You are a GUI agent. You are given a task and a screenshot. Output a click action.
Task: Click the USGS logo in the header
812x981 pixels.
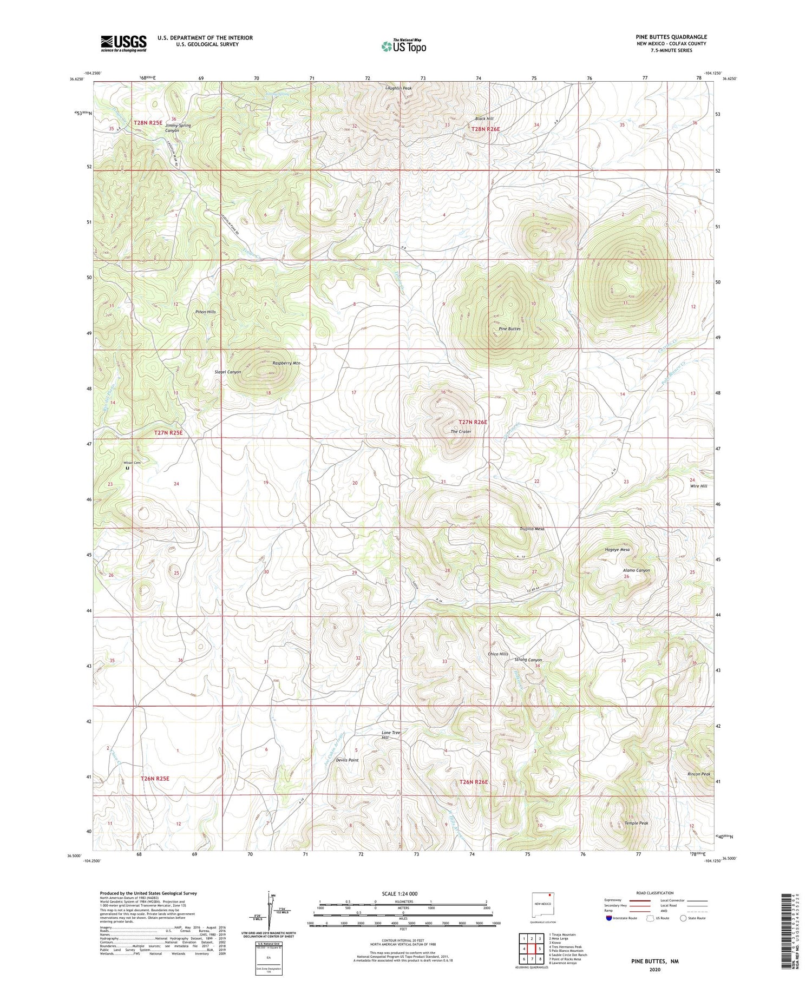point(123,43)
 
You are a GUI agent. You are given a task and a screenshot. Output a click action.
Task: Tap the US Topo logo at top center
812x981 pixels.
point(403,46)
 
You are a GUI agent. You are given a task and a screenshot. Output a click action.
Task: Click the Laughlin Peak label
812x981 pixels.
point(398,88)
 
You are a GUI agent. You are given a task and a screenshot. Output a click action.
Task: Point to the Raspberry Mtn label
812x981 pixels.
point(286,363)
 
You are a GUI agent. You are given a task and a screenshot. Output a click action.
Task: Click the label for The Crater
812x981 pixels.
point(461,431)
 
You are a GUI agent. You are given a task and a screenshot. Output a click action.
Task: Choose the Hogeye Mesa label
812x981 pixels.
point(617,549)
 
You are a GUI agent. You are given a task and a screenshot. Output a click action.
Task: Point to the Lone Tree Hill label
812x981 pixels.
point(391,735)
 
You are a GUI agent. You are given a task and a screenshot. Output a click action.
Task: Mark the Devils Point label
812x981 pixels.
point(347,760)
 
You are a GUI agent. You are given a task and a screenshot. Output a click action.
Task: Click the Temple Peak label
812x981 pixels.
point(636,823)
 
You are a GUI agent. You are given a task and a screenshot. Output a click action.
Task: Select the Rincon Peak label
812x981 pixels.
point(698,774)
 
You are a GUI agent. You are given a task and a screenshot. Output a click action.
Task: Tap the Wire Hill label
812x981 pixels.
point(698,486)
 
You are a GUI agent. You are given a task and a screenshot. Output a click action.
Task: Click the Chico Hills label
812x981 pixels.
point(498,654)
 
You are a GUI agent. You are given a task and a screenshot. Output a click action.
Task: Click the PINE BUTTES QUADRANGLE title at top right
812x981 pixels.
point(671,37)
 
